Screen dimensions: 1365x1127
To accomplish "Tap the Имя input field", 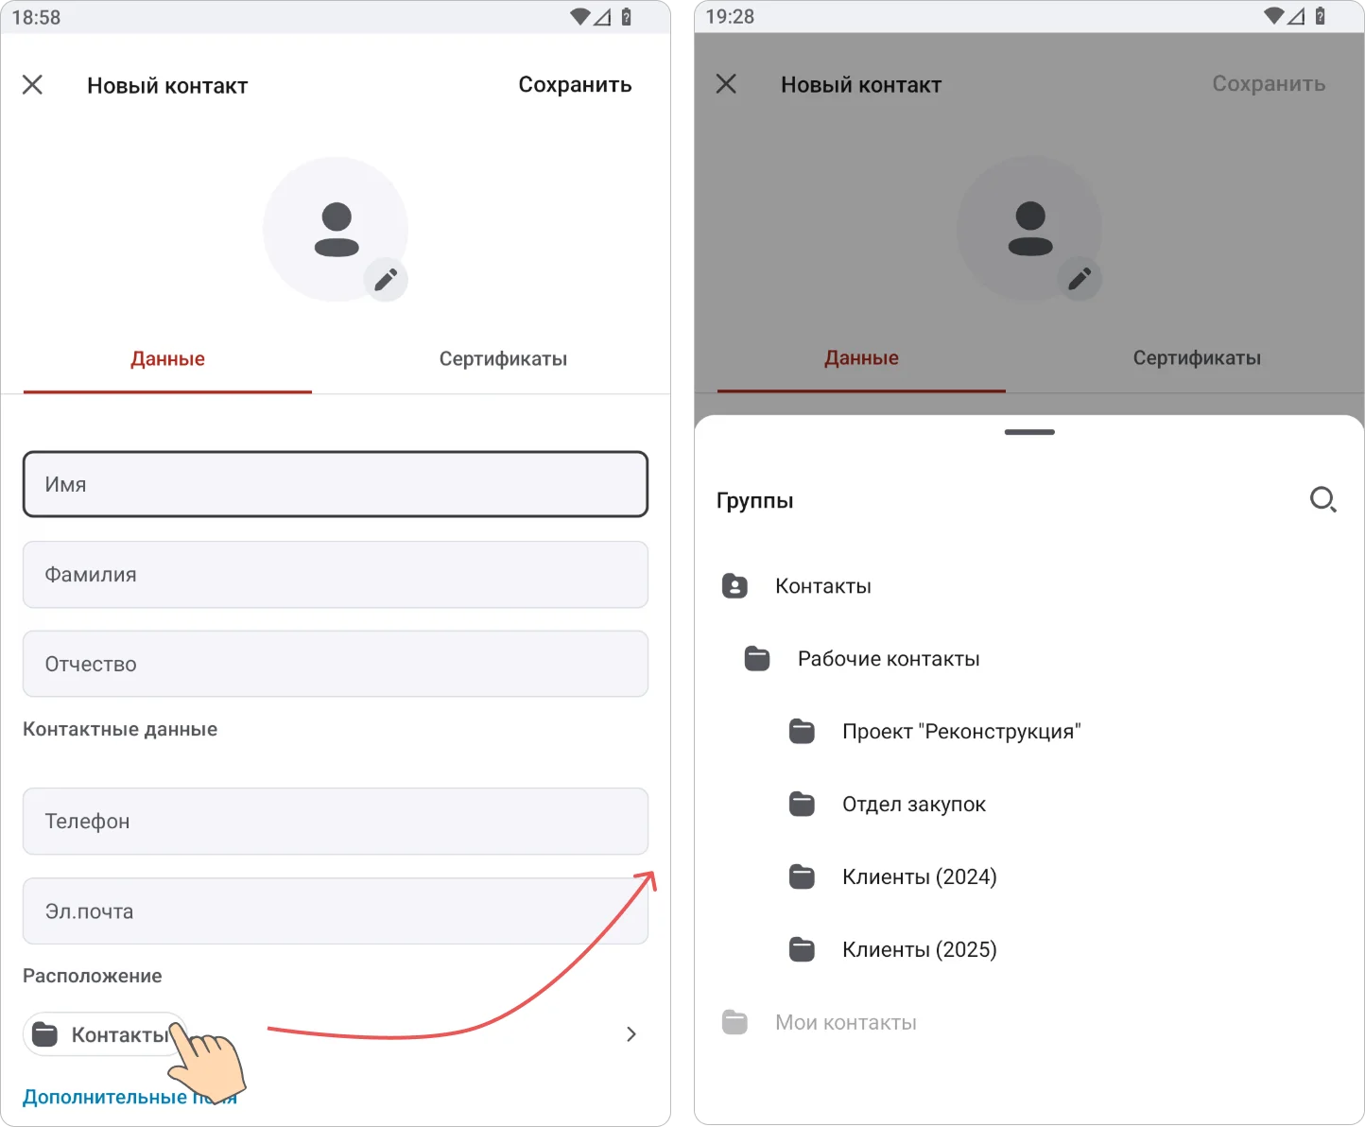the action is pos(336,484).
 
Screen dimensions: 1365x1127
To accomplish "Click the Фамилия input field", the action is pos(336,574).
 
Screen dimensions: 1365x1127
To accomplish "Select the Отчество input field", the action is pos(336,664).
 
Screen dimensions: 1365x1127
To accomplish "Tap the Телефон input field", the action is pos(336,821).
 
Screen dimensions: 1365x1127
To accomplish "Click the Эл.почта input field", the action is pos(336,911).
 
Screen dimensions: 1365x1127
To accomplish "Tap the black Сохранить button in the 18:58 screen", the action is pos(575,85).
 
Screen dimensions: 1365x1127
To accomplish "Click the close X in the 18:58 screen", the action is pos(32,84).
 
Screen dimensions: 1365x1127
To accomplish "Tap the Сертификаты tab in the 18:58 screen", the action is pos(503,358).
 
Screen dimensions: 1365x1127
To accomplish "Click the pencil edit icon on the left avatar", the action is pos(386,279).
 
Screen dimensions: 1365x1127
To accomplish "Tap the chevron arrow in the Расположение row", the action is pos(631,1034).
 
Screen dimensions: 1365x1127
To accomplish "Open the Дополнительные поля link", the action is pos(130,1097).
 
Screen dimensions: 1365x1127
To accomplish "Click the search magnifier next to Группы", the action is pos(1323,500).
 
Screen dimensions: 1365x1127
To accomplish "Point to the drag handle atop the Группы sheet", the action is pos(1029,432).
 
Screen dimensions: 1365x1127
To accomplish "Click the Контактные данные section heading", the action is pos(120,729).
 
